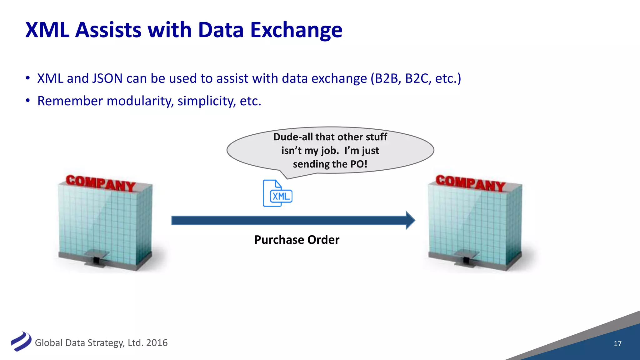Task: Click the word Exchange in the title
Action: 296,30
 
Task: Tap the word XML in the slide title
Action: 47,30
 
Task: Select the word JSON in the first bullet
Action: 107,78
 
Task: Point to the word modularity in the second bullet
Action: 140,101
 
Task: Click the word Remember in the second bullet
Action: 70,101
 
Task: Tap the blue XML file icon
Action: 277,193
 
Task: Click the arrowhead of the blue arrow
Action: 410,220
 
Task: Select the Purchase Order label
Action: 297,240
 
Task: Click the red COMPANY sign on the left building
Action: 100,183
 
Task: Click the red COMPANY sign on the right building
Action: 470,183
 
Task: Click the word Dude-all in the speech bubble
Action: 293,137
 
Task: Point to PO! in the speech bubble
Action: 359,164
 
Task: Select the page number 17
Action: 617,343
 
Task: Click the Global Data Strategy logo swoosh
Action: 21,341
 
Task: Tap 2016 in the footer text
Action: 157,343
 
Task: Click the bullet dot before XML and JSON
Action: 28,78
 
